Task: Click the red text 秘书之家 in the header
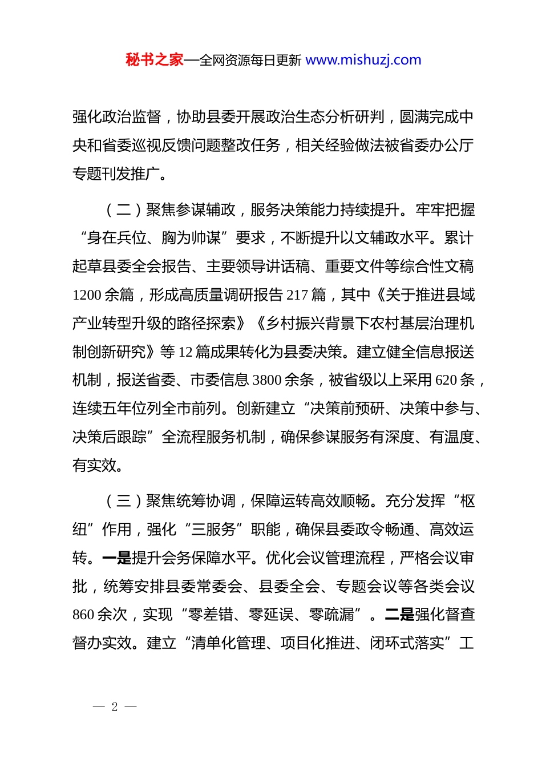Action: pyautogui.click(x=155, y=60)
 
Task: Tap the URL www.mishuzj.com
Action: pyautogui.click(x=363, y=60)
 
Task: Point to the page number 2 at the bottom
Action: pyautogui.click(x=115, y=707)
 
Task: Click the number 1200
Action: pyautogui.click(x=87, y=295)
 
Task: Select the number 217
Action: pyautogui.click(x=297, y=295)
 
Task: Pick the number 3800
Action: pyautogui.click(x=267, y=381)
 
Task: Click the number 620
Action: pyautogui.click(x=446, y=381)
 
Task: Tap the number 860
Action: pyautogui.click(x=83, y=615)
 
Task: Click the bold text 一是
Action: pyautogui.click(x=117, y=558)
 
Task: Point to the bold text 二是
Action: pyautogui.click(x=400, y=615)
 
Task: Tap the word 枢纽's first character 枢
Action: pyautogui.click(x=467, y=501)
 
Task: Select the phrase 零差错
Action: pyautogui.click(x=211, y=615)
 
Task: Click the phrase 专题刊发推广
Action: pyautogui.click(x=116, y=174)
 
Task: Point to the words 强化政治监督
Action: pyautogui.click(x=117, y=117)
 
